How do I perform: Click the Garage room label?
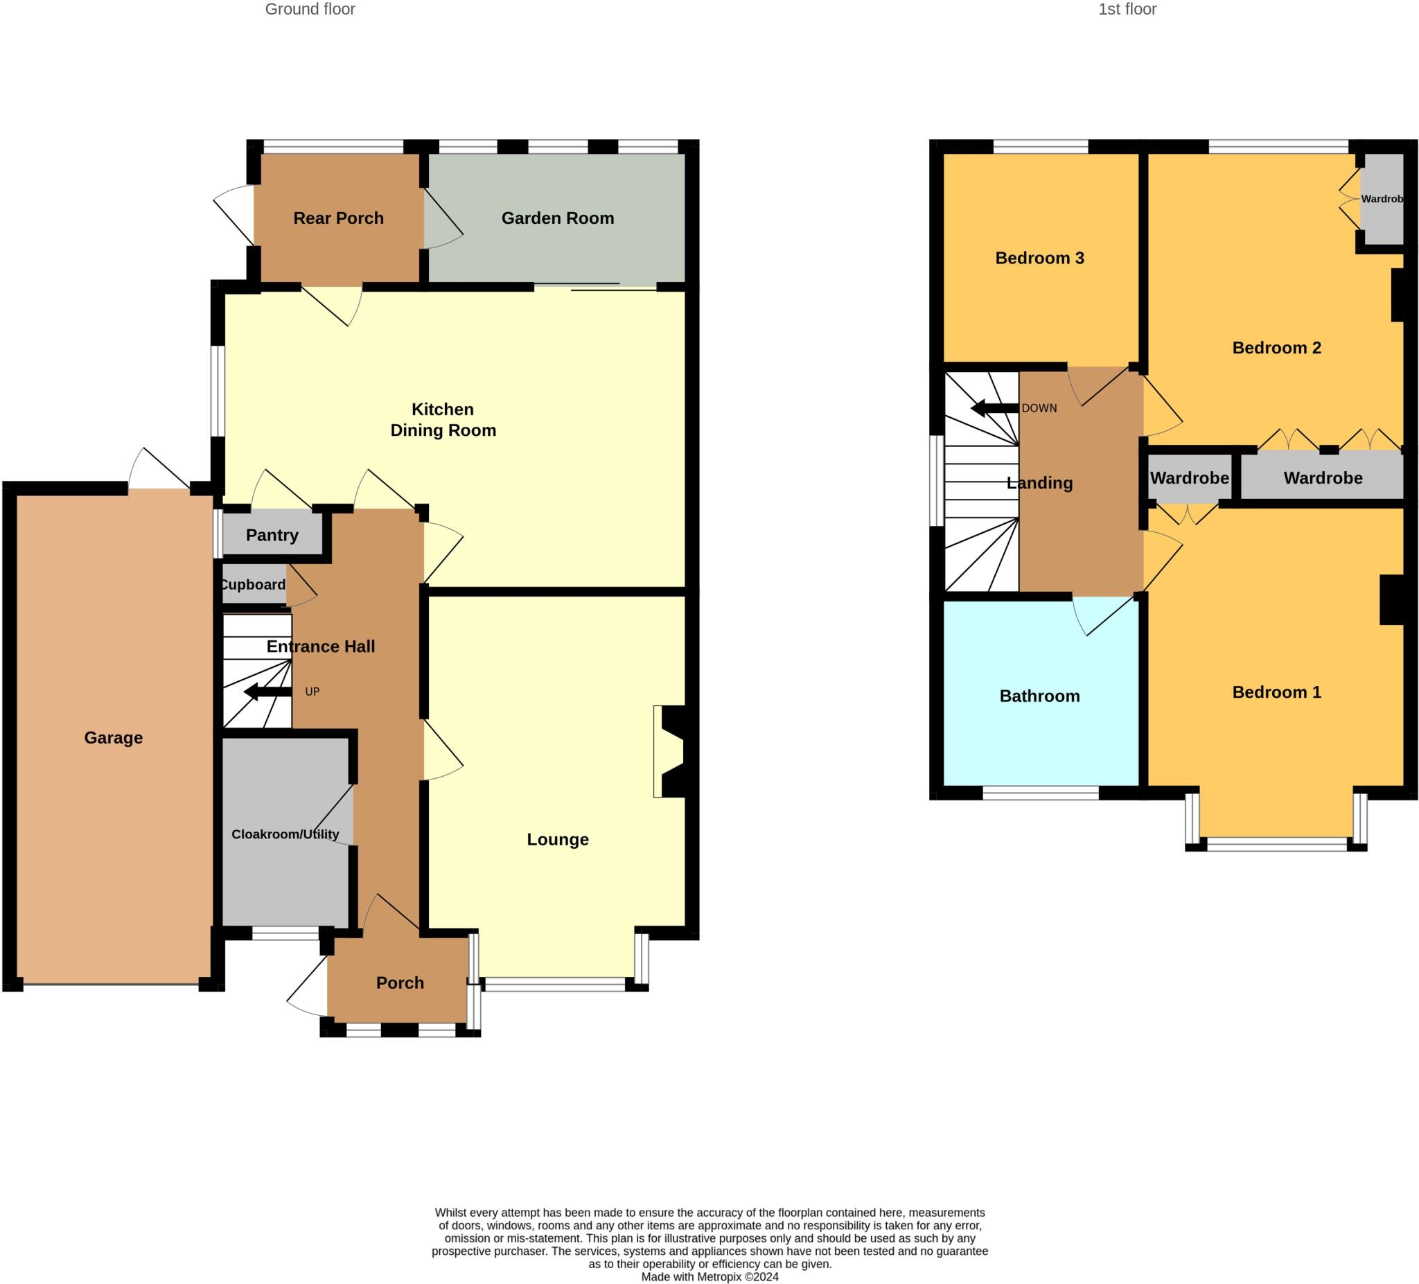pyautogui.click(x=114, y=738)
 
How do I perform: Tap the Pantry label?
pyautogui.click(x=272, y=535)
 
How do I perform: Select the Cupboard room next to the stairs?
pyautogui.click(x=253, y=585)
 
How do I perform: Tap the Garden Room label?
pyautogui.click(x=558, y=218)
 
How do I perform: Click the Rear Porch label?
pyautogui.click(x=339, y=218)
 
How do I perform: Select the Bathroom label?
pyautogui.click(x=1039, y=696)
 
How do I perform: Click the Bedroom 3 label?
pyautogui.click(x=1039, y=258)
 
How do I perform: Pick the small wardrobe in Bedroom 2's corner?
pyautogui.click(x=1381, y=199)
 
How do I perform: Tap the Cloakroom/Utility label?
pyautogui.click(x=285, y=834)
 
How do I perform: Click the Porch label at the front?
pyautogui.click(x=400, y=983)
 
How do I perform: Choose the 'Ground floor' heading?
pyautogui.click(x=310, y=9)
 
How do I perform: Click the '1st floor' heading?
pyautogui.click(x=1127, y=9)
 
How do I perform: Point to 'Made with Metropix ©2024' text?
pyautogui.click(x=709, y=1276)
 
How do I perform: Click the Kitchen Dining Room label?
pyautogui.click(x=443, y=419)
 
